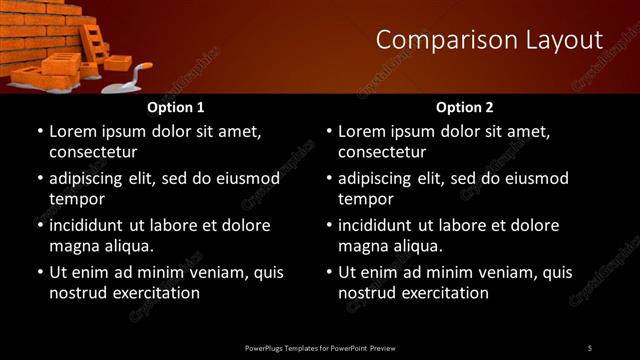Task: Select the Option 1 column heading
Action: (x=175, y=107)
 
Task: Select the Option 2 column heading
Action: (x=464, y=107)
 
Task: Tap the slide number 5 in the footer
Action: (x=589, y=348)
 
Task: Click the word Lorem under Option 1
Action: (x=74, y=131)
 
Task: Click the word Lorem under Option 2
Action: (x=363, y=131)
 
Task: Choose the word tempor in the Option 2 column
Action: (x=367, y=198)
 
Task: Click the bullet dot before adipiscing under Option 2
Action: (x=327, y=179)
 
